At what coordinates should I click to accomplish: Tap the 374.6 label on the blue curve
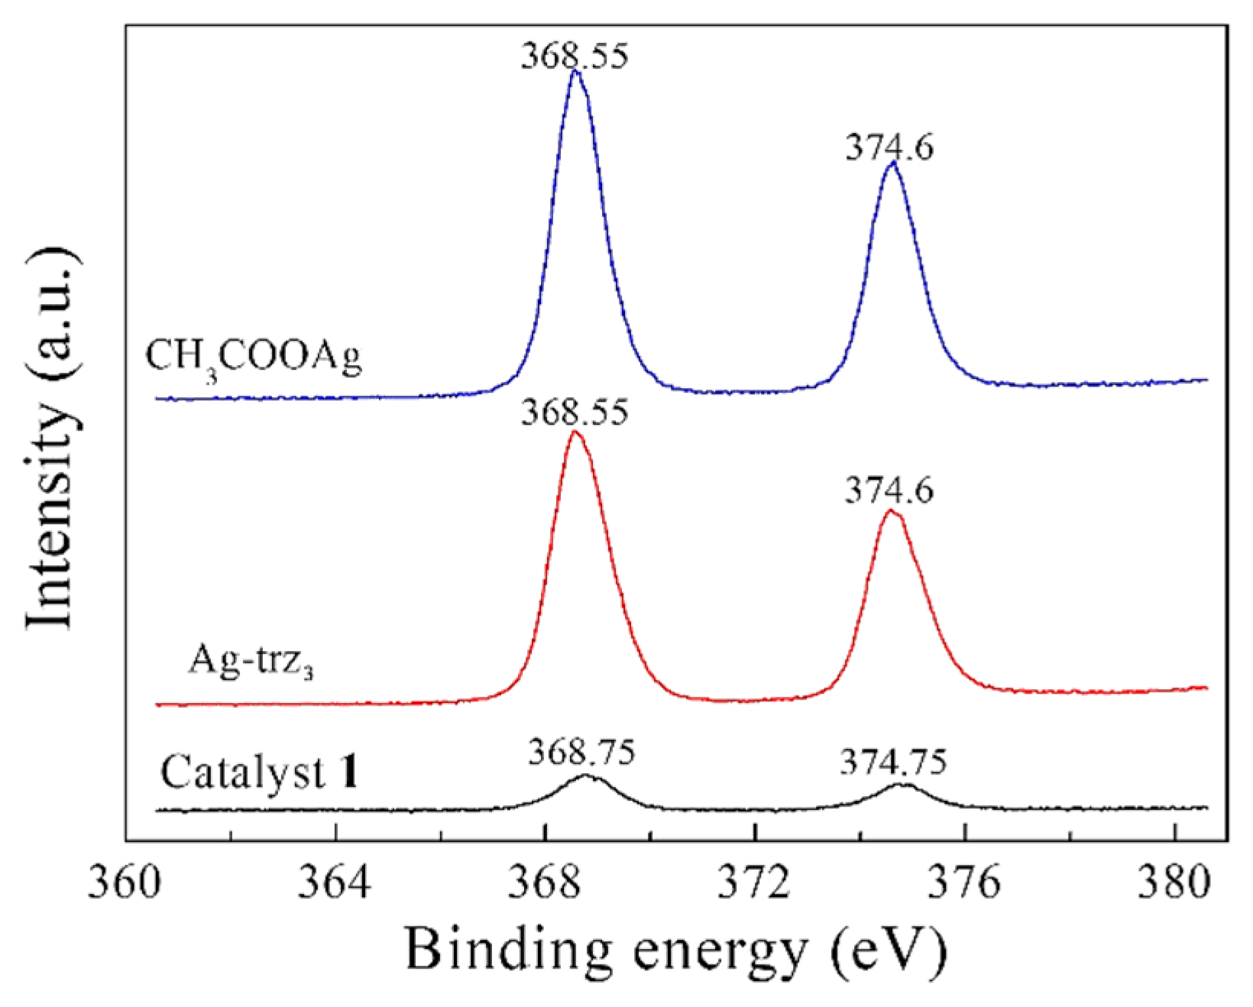click(x=889, y=147)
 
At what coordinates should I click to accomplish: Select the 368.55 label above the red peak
click(x=575, y=413)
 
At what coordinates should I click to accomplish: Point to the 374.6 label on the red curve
click(x=889, y=491)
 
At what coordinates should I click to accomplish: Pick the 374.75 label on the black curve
click(x=894, y=762)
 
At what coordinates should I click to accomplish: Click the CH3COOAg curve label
click(x=255, y=358)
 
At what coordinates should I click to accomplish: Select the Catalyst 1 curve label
click(x=261, y=773)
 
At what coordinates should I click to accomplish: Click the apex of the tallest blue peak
click(x=575, y=73)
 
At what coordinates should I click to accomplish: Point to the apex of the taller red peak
click(x=575, y=433)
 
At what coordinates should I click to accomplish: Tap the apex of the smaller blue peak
click(x=892, y=164)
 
